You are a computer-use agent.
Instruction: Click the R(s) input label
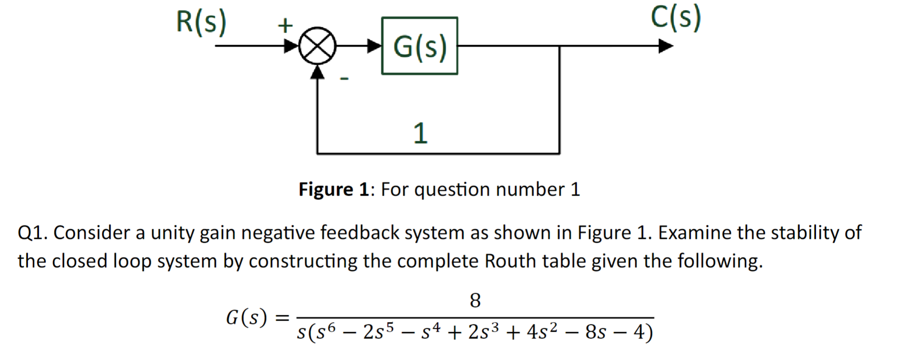pyautogui.click(x=201, y=22)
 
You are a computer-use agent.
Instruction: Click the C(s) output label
pyautogui.click(x=676, y=18)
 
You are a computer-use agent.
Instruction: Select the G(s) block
pyautogui.click(x=419, y=46)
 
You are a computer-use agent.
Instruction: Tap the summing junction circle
pyautogui.click(x=317, y=46)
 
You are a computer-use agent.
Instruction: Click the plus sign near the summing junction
pyautogui.click(x=285, y=25)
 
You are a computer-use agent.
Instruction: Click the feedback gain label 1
pyautogui.click(x=420, y=134)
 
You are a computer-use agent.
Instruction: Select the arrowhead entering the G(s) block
pyautogui.click(x=374, y=46)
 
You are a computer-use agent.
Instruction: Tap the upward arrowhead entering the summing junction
pyautogui.click(x=317, y=71)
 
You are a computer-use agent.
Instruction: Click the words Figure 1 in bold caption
pyautogui.click(x=333, y=189)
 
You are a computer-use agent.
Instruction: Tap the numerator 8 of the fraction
pyautogui.click(x=475, y=301)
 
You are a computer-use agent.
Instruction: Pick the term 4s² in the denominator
pyautogui.click(x=542, y=332)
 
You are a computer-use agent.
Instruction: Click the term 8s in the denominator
pyautogui.click(x=595, y=332)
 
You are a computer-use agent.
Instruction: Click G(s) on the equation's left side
pyautogui.click(x=246, y=318)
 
